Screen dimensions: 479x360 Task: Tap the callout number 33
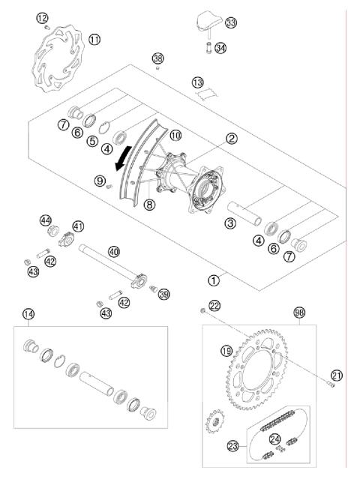coord(230,24)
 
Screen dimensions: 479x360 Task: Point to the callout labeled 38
coord(157,58)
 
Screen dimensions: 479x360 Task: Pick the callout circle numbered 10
coord(174,135)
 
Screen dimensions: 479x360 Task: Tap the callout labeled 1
coord(214,280)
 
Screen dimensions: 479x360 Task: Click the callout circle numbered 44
coord(46,220)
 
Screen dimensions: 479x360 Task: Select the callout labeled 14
coord(28,315)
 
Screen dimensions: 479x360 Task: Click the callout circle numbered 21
coord(336,376)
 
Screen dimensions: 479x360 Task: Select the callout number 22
coord(214,305)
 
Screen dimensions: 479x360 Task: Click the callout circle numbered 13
coord(197,82)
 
